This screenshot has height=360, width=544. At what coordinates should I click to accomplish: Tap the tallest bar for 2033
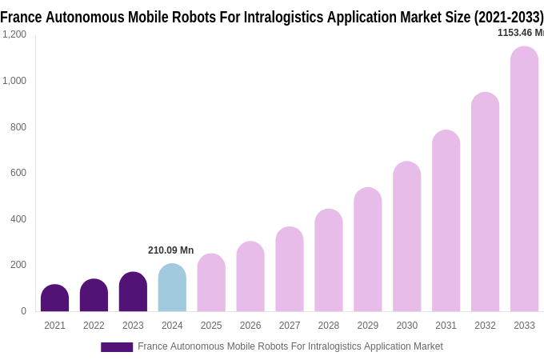[524, 179]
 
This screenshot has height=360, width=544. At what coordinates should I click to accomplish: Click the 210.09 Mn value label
[170, 250]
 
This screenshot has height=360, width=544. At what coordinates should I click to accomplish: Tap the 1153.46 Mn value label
[520, 33]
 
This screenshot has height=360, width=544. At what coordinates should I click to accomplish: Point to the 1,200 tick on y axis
[14, 34]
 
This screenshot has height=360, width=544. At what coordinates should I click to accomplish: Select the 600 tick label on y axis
[18, 173]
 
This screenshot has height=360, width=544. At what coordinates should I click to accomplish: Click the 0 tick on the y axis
[23, 311]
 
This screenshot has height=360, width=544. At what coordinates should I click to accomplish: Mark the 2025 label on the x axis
[211, 326]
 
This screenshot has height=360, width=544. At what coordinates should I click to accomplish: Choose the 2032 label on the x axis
[485, 326]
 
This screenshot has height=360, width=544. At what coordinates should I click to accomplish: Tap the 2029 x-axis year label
[368, 326]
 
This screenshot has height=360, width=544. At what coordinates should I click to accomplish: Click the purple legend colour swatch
[117, 347]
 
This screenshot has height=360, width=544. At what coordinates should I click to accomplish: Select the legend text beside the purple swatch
[290, 346]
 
